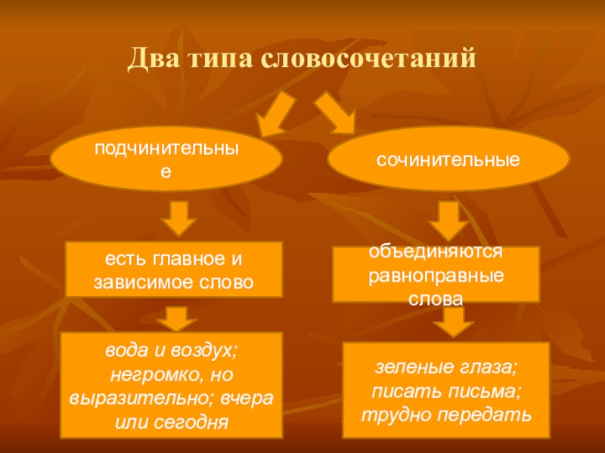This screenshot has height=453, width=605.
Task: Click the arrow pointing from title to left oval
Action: tap(275, 113)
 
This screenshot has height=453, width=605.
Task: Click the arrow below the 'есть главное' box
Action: tap(179, 317)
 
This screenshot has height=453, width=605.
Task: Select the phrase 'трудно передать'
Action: tap(446, 414)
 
